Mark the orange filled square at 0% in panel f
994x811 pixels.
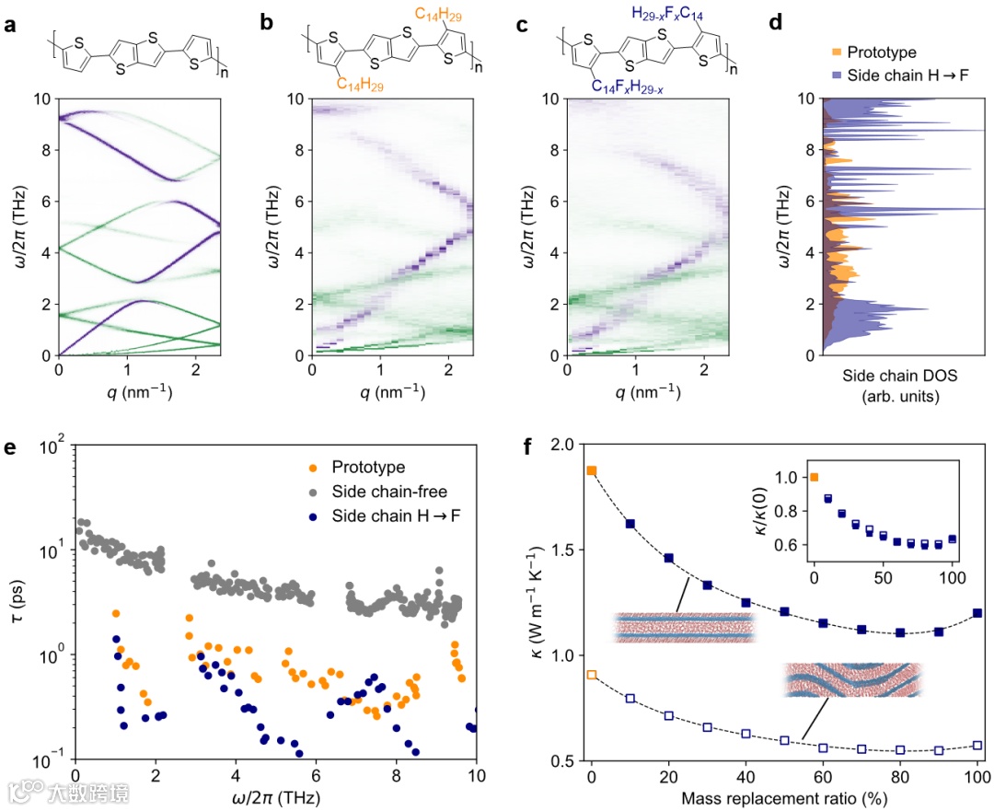592,470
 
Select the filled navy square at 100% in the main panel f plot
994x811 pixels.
977,613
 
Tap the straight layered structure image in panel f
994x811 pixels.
683,627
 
